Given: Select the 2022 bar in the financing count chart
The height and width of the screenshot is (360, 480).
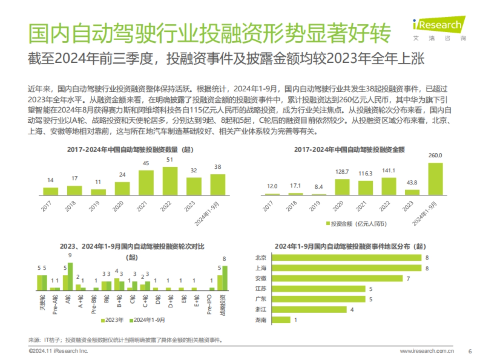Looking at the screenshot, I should pos(170,180).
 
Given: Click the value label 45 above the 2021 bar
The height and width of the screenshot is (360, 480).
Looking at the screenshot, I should pos(146,163).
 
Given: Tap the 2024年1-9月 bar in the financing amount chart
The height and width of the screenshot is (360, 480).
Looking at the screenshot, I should pos(436,179).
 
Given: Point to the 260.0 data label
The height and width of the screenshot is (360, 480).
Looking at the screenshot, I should pos(436,156).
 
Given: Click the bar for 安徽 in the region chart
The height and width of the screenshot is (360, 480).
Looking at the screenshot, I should pos(332,278).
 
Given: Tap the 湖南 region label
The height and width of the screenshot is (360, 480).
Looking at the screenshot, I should pos(260,320).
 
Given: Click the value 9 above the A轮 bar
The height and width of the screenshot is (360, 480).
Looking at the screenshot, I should pos(70,255).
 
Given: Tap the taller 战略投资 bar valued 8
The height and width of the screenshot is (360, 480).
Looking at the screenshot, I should pos(225,278).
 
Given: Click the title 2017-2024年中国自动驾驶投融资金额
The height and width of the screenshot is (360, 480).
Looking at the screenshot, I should pos(349,150).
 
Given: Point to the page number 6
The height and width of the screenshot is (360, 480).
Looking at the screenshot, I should pos(470,351).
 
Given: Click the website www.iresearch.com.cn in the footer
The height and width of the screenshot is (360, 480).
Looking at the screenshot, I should pos(427,351).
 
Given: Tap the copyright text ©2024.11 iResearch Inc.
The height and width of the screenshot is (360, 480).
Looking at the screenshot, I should pos(58,351).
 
